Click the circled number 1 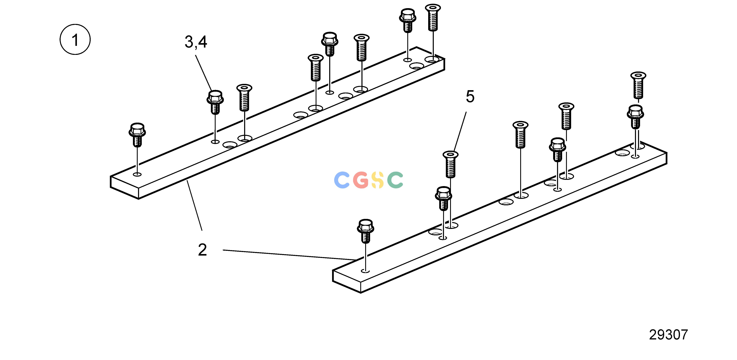coord(75,40)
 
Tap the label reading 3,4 coord(196,42)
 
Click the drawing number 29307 coord(668,335)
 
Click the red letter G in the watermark coord(360,180)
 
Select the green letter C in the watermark coord(395,180)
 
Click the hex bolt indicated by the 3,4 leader coord(215,102)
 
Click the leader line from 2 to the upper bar coord(195,205)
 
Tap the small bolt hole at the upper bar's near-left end coord(137,174)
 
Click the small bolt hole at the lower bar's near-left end coord(366,271)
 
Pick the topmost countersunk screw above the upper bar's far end coord(433,17)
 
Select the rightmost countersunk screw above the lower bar coord(638,85)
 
